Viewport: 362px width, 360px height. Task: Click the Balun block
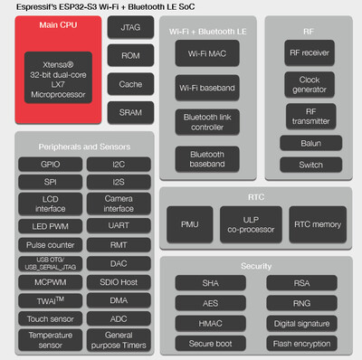tap(310, 144)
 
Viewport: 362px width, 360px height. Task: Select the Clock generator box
tap(310, 85)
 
